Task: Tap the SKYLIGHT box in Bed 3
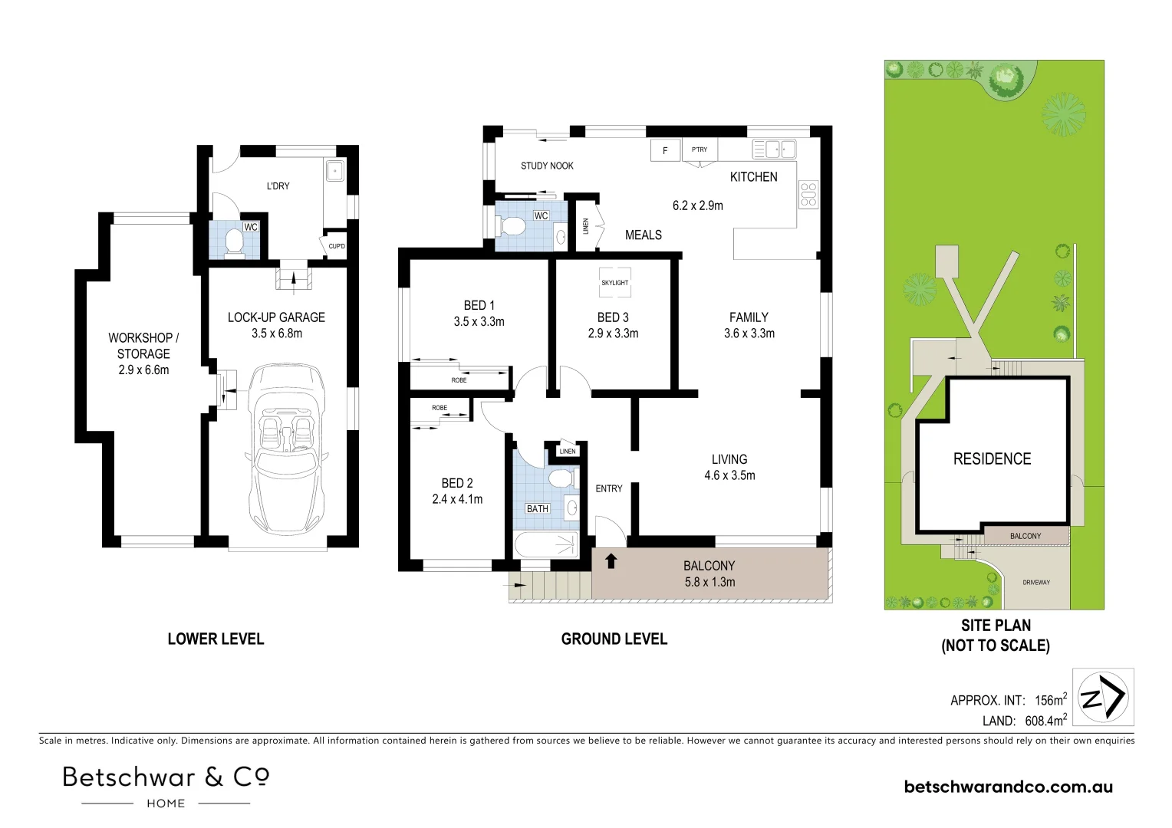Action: tap(614, 282)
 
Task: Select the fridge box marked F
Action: tap(665, 150)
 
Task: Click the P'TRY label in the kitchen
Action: tap(700, 149)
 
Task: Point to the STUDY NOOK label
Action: tap(547, 166)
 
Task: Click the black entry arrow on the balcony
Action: tap(611, 561)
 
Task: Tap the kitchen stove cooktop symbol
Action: tap(808, 195)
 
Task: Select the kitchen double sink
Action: tap(774, 149)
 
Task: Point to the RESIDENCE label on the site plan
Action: tap(992, 459)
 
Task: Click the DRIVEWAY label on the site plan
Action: tap(1036, 583)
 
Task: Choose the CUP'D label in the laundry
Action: tap(337, 246)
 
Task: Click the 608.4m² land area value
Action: tap(1045, 721)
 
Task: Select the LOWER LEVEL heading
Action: tap(216, 639)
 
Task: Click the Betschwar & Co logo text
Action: tap(166, 777)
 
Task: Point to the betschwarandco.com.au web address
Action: tap(1008, 787)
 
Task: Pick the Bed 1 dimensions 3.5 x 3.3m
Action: tap(479, 322)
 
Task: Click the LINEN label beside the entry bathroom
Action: tap(568, 452)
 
